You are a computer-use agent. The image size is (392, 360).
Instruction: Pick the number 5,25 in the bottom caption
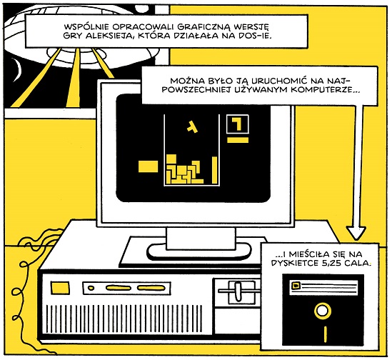pyautogui.click(x=331, y=263)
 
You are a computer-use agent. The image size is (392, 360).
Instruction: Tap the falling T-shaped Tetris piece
pyautogui.click(x=192, y=126)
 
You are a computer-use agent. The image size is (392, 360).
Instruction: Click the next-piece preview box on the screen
pyautogui.click(x=237, y=124)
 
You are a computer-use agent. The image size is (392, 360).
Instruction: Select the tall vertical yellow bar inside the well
pyautogui.click(x=214, y=169)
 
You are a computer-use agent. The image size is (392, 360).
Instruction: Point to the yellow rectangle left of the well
pyautogui.click(x=148, y=166)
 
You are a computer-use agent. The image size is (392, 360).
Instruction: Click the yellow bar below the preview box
pyautogui.click(x=238, y=140)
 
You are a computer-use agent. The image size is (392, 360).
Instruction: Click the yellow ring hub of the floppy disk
pyautogui.click(x=322, y=311)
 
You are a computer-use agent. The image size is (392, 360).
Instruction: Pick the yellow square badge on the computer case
pyautogui.click(x=60, y=287)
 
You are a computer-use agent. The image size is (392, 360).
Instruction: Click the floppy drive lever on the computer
pyautogui.click(x=237, y=291)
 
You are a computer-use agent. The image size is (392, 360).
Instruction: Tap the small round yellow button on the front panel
pyautogui.click(x=91, y=288)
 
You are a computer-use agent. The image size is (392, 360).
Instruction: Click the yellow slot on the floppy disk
pyautogui.click(x=326, y=334)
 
